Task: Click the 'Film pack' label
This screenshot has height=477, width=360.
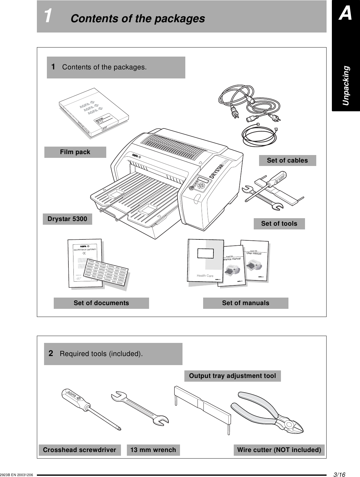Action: coord(75,152)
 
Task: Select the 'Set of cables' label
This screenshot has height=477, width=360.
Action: coord(287,161)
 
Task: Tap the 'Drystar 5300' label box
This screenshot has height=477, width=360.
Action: coord(67,219)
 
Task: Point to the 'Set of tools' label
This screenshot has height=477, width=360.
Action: coord(279,224)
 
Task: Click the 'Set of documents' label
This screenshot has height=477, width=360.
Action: coord(101,303)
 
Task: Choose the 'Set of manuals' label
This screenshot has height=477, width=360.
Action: coord(245,303)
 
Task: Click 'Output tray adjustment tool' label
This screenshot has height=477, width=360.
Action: coord(232,376)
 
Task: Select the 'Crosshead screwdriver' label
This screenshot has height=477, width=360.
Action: coord(79,450)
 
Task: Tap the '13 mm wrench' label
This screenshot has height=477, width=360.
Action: coord(153,450)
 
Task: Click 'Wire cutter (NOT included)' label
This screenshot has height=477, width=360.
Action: coord(279,450)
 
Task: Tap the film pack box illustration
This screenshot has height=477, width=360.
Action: coord(94,109)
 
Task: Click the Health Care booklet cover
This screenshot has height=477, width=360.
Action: coord(205,263)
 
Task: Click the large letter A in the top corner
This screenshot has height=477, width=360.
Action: coord(346,14)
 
